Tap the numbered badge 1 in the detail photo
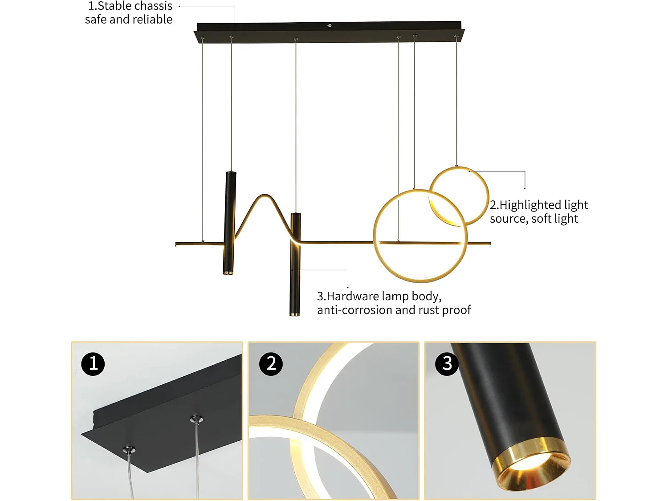pyautogui.click(x=93, y=364)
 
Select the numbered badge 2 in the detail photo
pyautogui.click(x=271, y=364)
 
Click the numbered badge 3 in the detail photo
pyautogui.click(x=447, y=364)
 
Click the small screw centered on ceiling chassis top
pyautogui.click(x=330, y=25)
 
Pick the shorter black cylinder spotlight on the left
pyautogui.click(x=230, y=223)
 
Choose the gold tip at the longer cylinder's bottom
pyautogui.click(x=295, y=314)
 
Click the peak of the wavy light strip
pyautogui.click(x=265, y=196)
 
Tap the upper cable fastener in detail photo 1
pyautogui.click(x=196, y=419)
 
